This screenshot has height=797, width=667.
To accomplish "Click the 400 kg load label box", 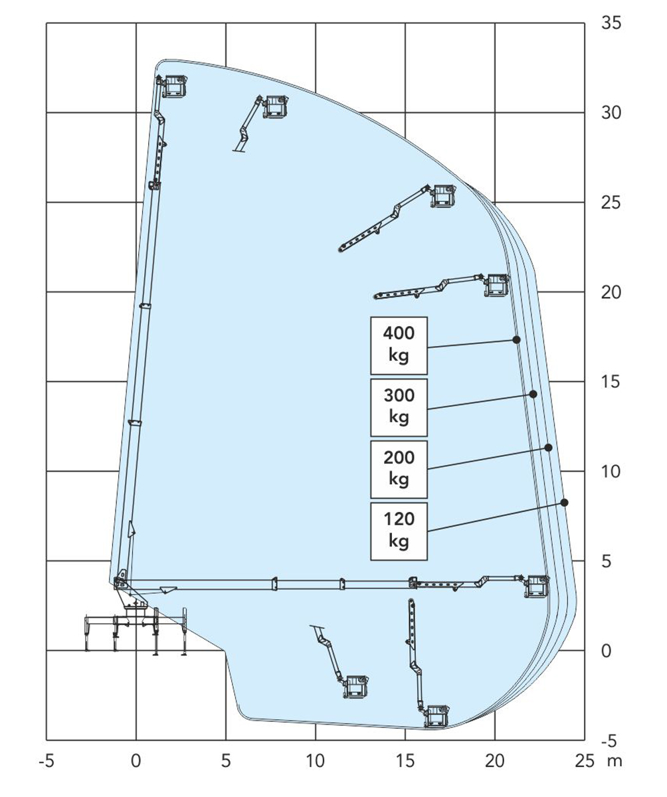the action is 399,345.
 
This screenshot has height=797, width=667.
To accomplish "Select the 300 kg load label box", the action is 399,407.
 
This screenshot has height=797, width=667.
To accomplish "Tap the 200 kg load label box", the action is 399,469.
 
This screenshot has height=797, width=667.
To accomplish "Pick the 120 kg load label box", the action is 399,531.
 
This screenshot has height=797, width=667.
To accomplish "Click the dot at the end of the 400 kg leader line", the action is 516,339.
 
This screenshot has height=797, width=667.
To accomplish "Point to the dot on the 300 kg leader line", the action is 533,394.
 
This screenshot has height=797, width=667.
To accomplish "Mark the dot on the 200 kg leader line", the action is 548,448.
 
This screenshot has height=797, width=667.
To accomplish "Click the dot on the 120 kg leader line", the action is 564,502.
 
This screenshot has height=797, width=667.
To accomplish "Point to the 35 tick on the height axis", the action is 611,23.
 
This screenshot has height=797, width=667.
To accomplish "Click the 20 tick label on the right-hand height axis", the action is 611,292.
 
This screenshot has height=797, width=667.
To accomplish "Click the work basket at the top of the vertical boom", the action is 175,86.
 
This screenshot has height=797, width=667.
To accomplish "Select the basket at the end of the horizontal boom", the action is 537,586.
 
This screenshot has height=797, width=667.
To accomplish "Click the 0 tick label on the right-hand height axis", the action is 607,651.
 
